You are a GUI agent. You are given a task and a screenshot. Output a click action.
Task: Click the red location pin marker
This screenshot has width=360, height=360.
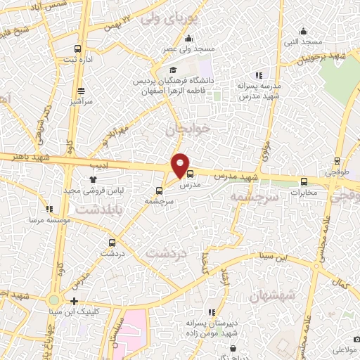point(181,165)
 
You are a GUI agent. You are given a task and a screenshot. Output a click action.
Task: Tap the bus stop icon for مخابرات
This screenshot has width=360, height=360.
point(304,180)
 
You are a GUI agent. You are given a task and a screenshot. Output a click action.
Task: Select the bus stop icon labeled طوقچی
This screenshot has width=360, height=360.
point(337,160)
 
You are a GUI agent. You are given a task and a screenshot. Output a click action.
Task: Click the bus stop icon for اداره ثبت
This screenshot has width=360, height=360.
point(77,49)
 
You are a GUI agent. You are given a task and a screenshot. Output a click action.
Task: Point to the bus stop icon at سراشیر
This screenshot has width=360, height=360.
point(82,90)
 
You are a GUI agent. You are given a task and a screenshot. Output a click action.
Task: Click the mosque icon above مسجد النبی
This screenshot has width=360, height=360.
point(303,31)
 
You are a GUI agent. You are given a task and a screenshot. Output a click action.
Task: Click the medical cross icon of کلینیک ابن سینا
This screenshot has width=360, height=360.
point(75,301)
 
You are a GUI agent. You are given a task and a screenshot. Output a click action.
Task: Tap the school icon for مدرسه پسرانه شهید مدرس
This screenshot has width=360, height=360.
point(259,75)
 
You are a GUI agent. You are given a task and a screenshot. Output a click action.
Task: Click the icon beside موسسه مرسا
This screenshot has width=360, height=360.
point(49,209)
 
